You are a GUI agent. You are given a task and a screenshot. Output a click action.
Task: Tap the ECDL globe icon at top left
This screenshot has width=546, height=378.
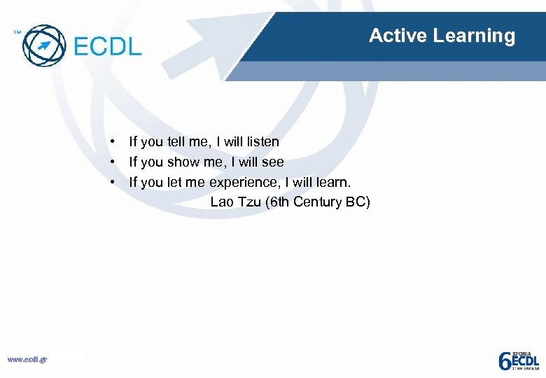pos(44,45)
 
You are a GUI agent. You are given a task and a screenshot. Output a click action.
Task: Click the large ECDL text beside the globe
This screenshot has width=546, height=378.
pos(107,46)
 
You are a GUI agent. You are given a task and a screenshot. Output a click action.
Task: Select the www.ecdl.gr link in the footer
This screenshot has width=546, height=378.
pos(27,360)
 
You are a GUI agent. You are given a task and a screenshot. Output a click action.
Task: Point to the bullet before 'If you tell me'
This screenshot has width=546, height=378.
pos(111,142)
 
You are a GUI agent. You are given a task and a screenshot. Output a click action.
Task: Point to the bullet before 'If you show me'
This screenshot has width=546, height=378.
pos(111,162)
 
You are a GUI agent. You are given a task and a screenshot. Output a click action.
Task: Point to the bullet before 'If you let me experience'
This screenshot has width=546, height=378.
pos(111,183)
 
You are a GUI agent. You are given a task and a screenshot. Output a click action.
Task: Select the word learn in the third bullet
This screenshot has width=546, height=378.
pos(336,183)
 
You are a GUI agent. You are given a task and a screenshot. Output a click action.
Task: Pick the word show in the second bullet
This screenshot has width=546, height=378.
pos(183,162)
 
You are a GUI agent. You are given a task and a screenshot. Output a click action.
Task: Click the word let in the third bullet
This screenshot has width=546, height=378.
pos(174,183)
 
